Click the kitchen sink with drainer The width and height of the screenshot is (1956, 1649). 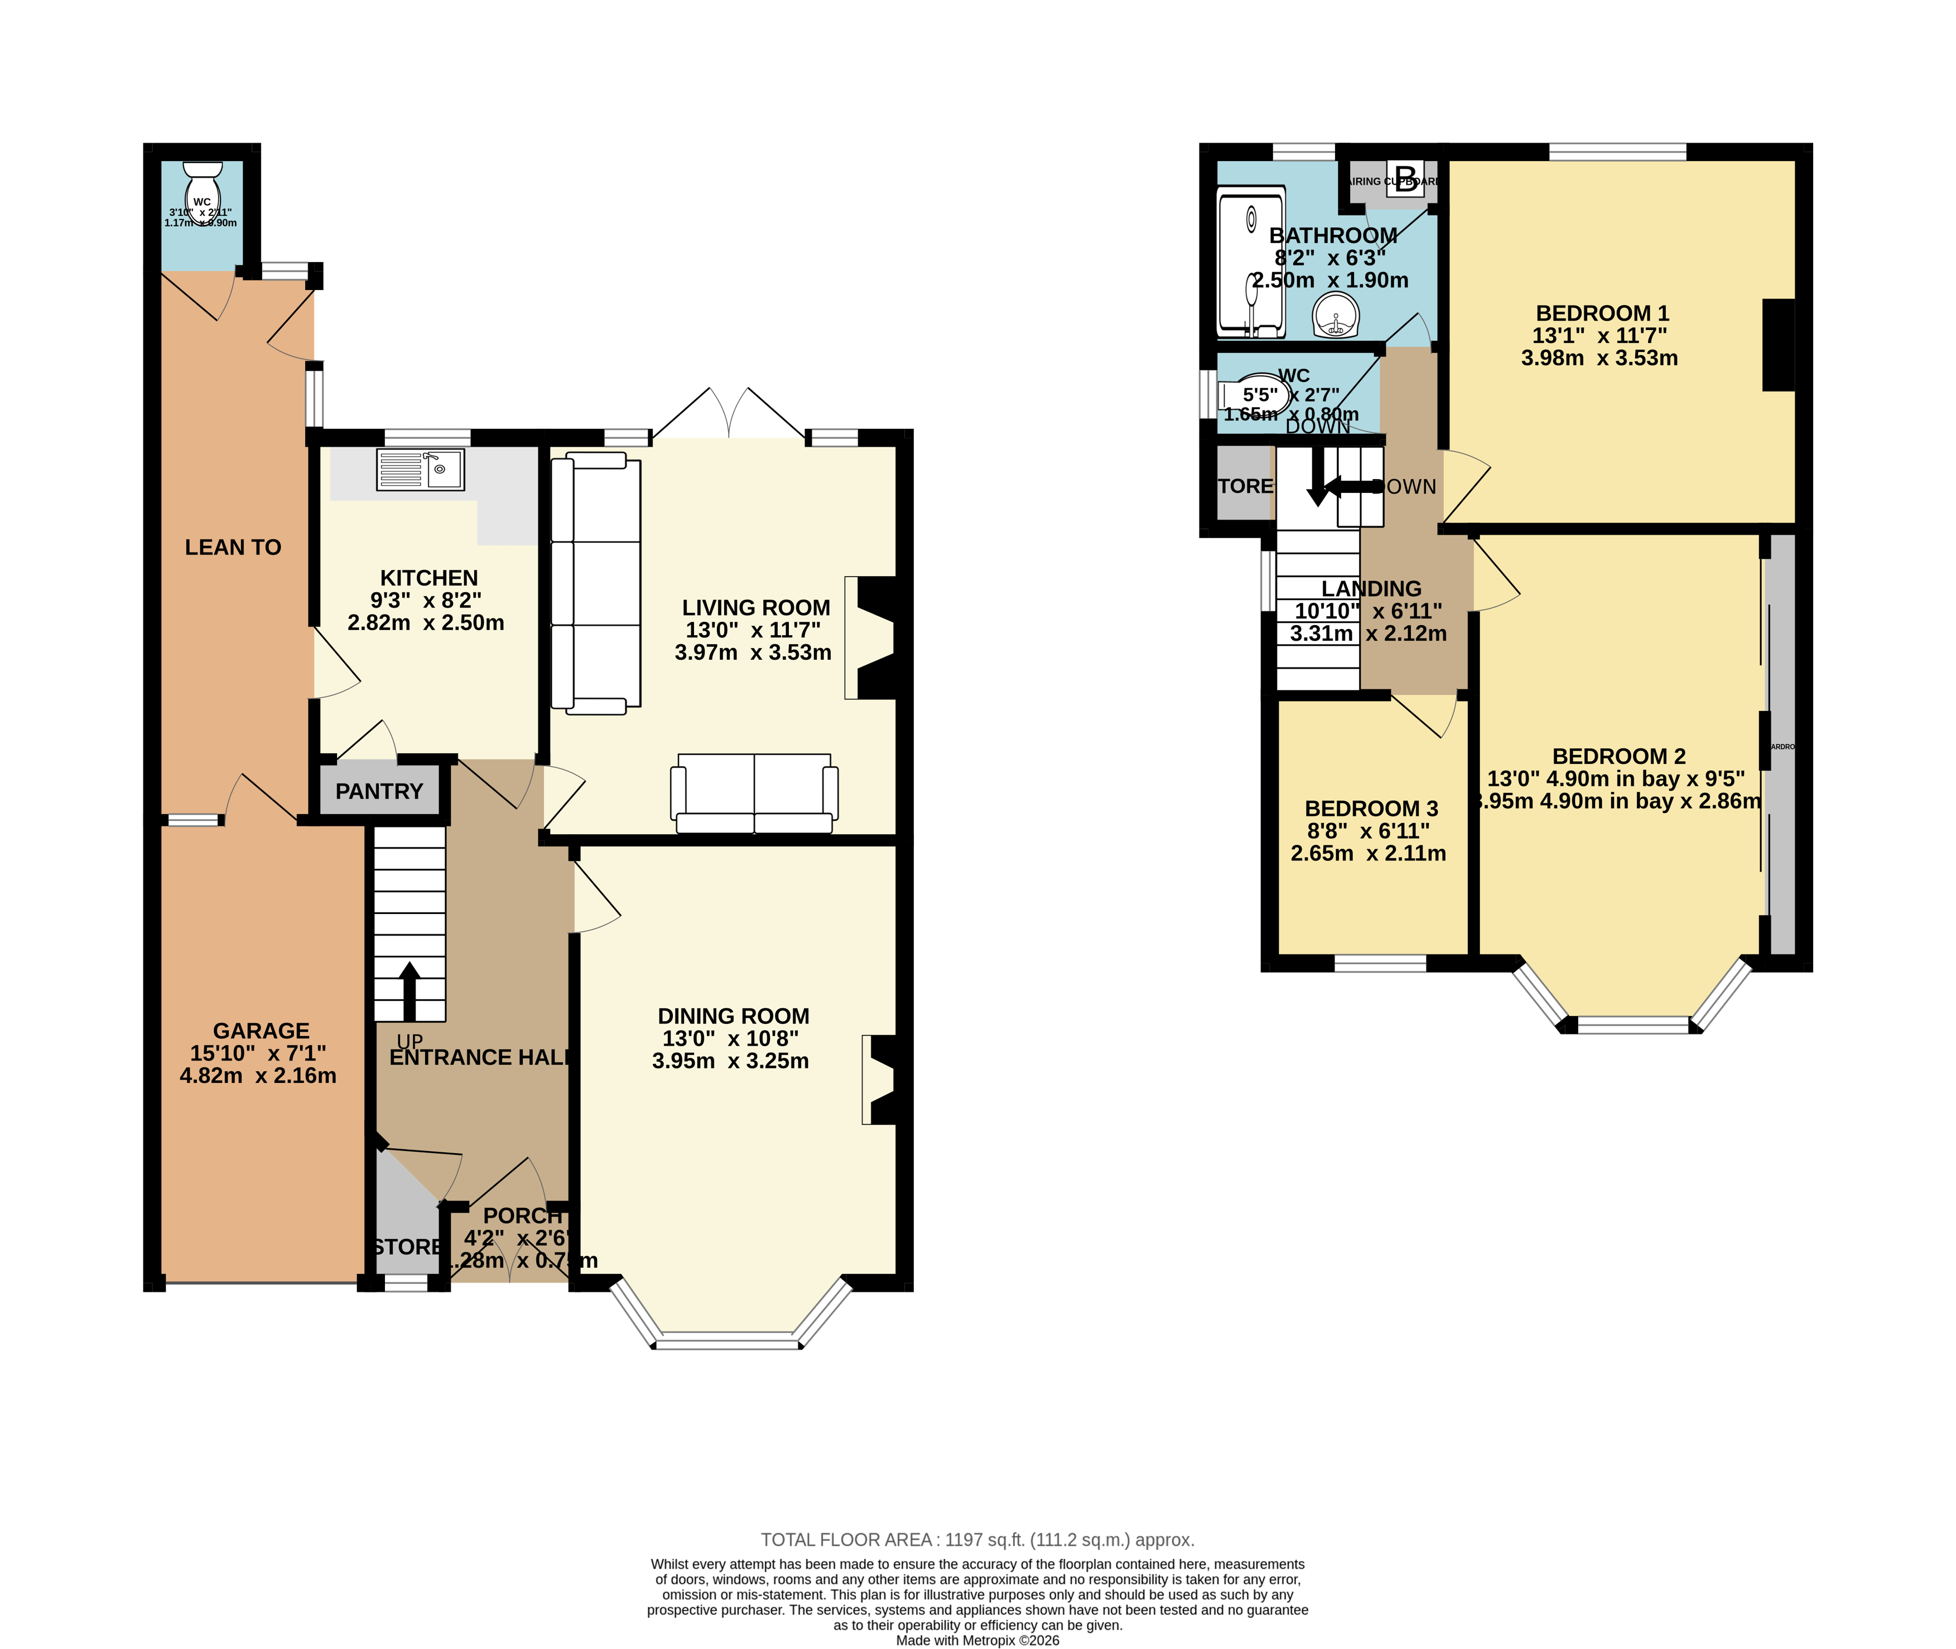tap(420, 470)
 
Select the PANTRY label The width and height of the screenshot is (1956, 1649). tap(379, 792)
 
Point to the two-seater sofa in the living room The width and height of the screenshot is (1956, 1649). tap(754, 793)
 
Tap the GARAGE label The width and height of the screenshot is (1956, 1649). tap(261, 1031)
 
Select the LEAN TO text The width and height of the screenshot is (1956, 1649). tap(233, 548)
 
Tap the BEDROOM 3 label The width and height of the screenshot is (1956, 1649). tap(1371, 809)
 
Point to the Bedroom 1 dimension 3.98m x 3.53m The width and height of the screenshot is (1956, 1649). tap(1599, 358)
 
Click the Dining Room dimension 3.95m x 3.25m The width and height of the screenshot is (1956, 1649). tap(730, 1061)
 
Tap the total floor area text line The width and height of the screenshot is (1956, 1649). tap(977, 1540)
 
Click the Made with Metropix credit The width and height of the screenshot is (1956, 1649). tap(977, 1640)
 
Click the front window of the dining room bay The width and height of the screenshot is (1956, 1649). tap(728, 1343)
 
